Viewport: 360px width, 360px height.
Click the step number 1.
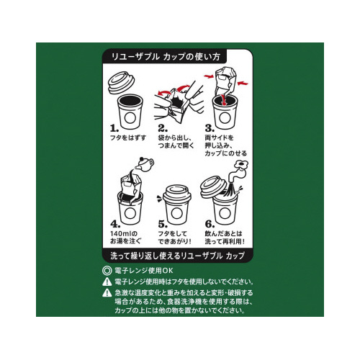[114, 129]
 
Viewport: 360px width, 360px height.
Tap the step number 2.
[163, 129]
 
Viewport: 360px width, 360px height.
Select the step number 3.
[210, 129]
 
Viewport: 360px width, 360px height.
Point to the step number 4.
[115, 224]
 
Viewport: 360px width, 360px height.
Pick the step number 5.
[163, 224]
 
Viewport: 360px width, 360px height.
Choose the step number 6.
[210, 224]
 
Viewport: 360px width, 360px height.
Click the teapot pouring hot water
[145, 163]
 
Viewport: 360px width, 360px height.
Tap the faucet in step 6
[238, 171]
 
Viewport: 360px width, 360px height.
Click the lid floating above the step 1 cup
[122, 83]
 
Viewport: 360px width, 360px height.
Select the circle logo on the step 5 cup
[177, 213]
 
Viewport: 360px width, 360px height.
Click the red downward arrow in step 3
[224, 99]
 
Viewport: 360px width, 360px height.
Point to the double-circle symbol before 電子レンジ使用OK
[107, 271]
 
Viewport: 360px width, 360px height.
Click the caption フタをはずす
[128, 138]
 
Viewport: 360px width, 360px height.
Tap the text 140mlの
[124, 233]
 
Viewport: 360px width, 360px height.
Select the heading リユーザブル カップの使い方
[166, 57]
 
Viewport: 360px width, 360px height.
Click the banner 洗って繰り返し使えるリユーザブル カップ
[177, 256]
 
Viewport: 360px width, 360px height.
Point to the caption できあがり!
[175, 241]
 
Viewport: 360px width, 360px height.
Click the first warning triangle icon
[107, 282]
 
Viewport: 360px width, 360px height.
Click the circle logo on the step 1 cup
[130, 118]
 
